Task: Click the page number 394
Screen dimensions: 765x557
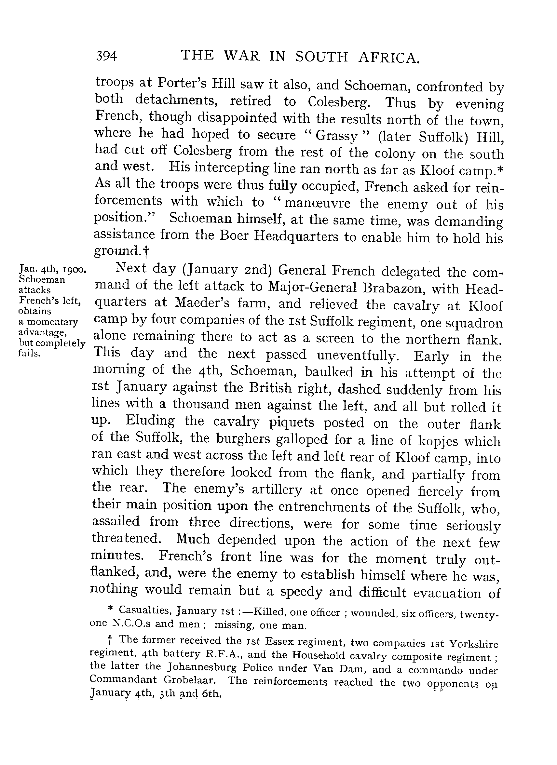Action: tap(107, 56)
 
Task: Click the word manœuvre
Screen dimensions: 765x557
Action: tap(317, 203)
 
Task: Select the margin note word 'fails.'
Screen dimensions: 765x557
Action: tap(29, 354)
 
